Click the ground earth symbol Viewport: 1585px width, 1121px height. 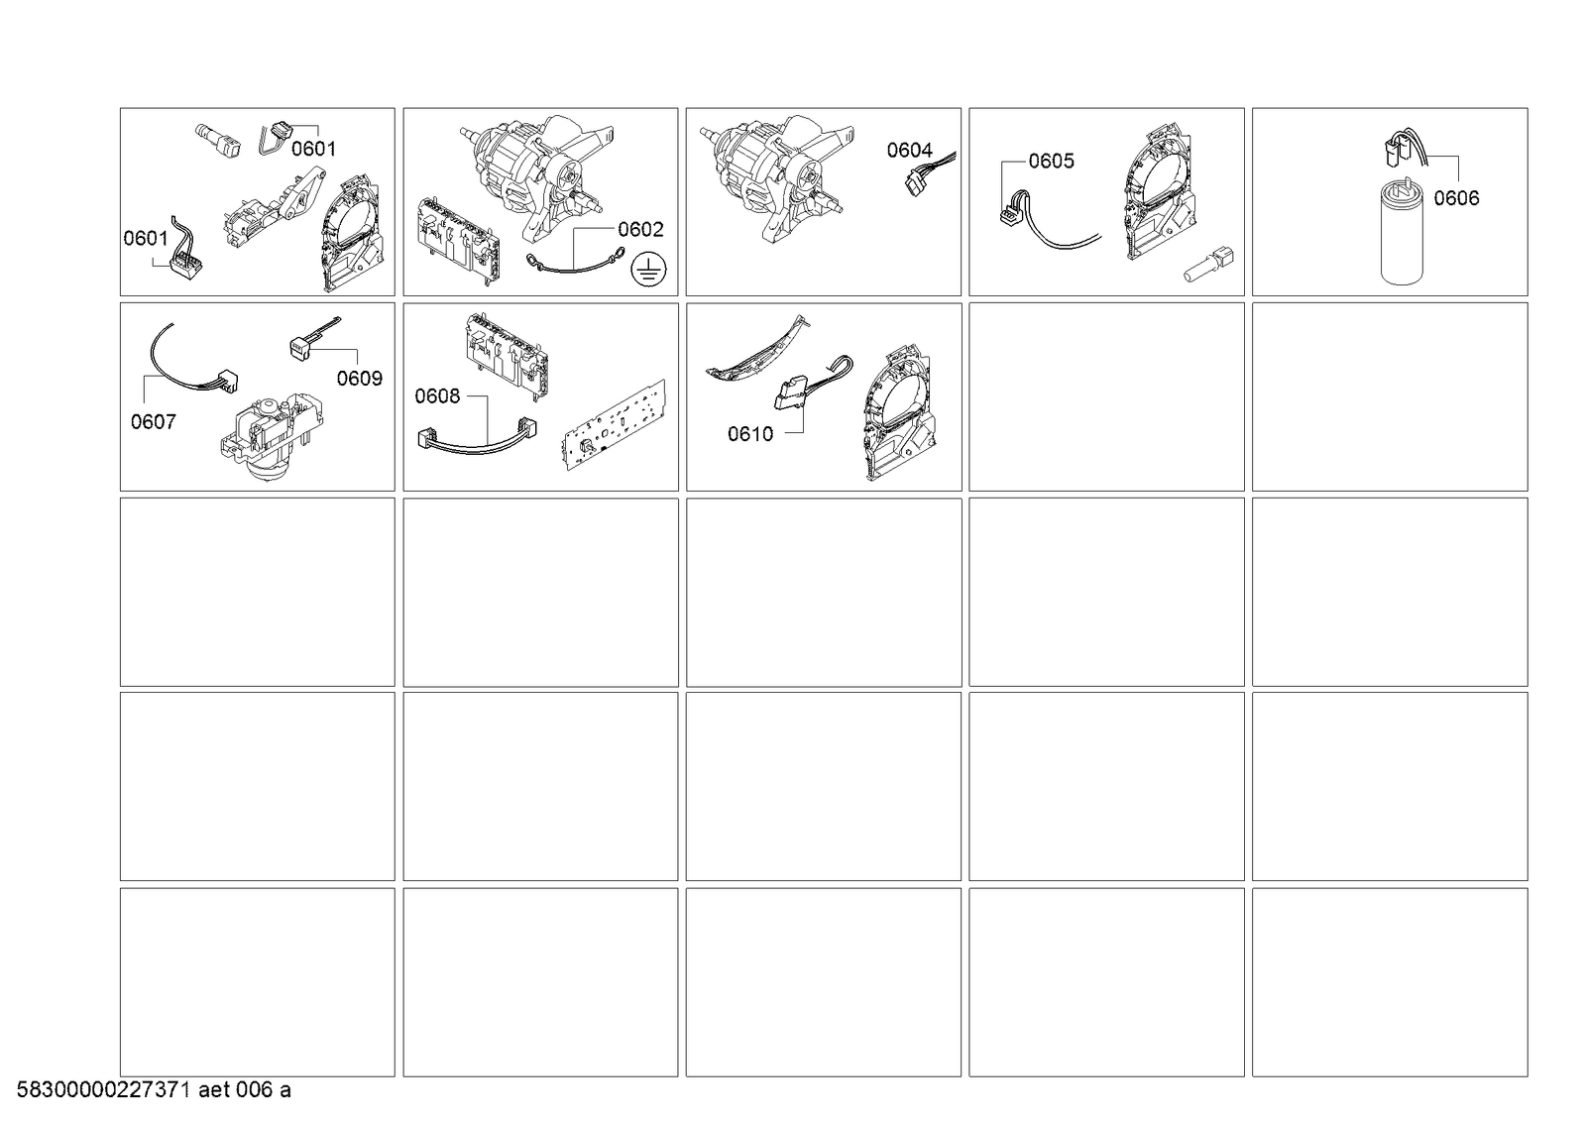(x=648, y=270)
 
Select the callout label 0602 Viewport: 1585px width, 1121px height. (x=640, y=229)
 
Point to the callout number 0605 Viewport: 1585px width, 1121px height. (x=1051, y=162)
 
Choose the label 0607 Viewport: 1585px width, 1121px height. (x=153, y=422)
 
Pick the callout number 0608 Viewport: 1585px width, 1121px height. (x=437, y=396)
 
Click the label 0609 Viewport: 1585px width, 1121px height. (x=360, y=379)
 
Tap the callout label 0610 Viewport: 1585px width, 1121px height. (x=750, y=434)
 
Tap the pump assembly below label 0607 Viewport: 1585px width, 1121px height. (x=274, y=438)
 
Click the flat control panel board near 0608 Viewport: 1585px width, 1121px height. (x=615, y=425)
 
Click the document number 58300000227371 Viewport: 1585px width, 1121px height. (x=103, y=1090)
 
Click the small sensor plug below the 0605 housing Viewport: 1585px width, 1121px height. (x=1208, y=265)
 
